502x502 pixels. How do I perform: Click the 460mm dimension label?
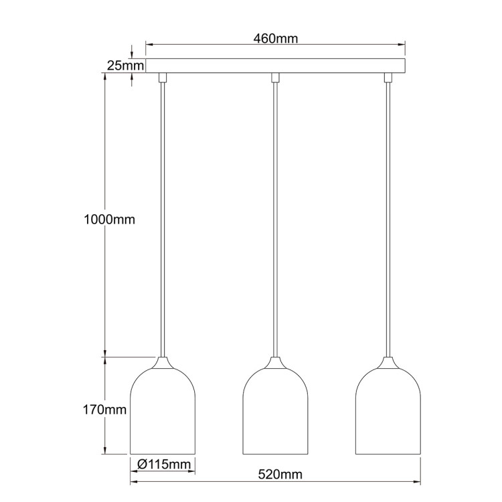(x=275, y=38)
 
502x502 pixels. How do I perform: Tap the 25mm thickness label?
(x=125, y=66)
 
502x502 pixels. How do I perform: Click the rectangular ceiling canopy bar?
(x=275, y=66)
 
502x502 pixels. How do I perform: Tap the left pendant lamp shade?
(x=162, y=412)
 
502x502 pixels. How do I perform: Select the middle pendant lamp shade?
(x=275, y=412)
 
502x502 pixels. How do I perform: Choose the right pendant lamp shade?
(x=388, y=412)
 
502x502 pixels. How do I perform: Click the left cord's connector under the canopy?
(x=162, y=78)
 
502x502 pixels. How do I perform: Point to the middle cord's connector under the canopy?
(x=275, y=78)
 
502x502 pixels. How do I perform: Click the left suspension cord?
(x=162, y=221)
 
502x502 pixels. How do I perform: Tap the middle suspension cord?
(x=275, y=221)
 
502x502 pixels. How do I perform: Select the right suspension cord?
(x=388, y=221)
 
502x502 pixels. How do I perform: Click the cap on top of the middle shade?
(x=275, y=363)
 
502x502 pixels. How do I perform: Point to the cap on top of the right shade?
(x=388, y=363)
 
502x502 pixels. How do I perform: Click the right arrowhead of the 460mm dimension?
(x=402, y=46)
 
